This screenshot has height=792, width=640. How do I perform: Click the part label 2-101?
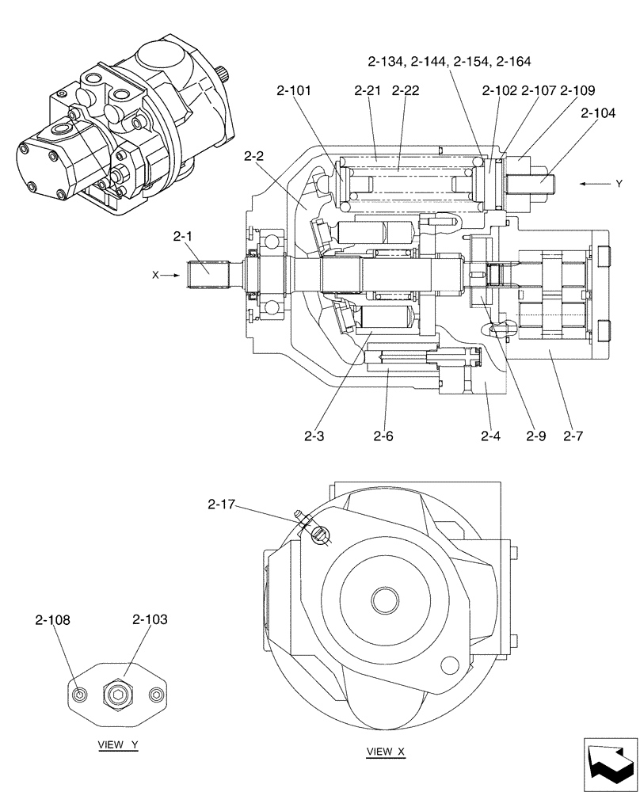click(x=294, y=91)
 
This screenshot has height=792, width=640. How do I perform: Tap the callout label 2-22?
click(x=406, y=91)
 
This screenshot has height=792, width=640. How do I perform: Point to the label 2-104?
click(x=597, y=113)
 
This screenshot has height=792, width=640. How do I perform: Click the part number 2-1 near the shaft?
click(x=183, y=235)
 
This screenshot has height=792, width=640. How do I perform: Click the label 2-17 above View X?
click(x=223, y=504)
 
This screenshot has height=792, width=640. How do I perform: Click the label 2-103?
click(x=150, y=620)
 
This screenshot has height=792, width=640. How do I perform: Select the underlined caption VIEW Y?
click(x=118, y=745)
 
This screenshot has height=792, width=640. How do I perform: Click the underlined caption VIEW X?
click(x=386, y=752)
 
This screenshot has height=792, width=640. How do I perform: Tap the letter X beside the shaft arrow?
click(x=156, y=275)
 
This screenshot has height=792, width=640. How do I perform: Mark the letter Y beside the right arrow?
click(x=619, y=184)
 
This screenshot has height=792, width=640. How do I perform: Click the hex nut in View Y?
click(x=116, y=695)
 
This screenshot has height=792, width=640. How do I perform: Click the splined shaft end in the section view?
click(x=206, y=275)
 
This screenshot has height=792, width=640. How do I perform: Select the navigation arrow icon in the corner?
click(x=610, y=763)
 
